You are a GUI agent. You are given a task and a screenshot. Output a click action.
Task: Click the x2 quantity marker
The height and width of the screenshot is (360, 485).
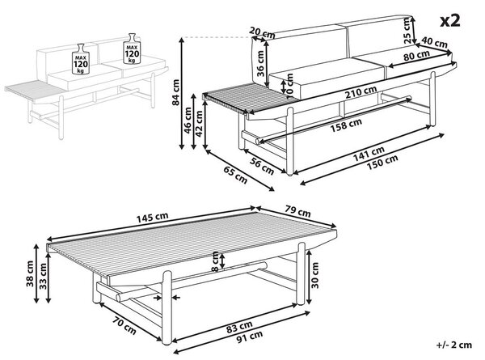click(450, 21)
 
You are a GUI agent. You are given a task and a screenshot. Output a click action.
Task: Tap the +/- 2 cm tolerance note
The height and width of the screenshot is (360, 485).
click(454, 345)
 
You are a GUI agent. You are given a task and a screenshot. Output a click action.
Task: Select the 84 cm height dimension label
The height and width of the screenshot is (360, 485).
click(175, 92)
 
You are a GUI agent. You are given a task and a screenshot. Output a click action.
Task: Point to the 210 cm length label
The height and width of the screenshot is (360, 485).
click(361, 92)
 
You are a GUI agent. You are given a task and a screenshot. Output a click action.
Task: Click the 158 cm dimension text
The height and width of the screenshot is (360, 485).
click(346, 125)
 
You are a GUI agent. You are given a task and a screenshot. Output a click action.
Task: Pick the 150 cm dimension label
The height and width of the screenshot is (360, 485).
click(382, 163)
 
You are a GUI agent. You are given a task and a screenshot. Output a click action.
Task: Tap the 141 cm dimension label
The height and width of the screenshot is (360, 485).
click(369, 154)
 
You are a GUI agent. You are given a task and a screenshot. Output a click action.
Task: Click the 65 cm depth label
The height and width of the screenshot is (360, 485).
click(235, 175)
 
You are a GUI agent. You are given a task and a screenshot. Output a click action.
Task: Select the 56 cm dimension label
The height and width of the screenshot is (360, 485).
click(262, 166)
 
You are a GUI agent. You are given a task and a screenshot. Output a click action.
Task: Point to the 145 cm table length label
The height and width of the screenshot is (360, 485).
click(153, 218)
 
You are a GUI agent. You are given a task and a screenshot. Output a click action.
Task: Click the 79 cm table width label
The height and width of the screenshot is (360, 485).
click(297, 211)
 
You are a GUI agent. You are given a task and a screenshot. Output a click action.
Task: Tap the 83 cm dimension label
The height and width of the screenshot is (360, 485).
click(239, 327)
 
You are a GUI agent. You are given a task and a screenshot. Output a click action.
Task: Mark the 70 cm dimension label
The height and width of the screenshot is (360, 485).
click(124, 326)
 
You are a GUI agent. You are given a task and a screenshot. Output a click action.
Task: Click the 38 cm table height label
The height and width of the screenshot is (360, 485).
click(30, 273)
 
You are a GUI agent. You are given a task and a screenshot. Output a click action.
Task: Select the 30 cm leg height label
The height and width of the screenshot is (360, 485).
click(315, 275)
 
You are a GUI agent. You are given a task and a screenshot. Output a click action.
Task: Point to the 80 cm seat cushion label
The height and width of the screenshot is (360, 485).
click(416, 57)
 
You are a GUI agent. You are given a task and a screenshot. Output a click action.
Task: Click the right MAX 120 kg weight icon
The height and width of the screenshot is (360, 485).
click(132, 49)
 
